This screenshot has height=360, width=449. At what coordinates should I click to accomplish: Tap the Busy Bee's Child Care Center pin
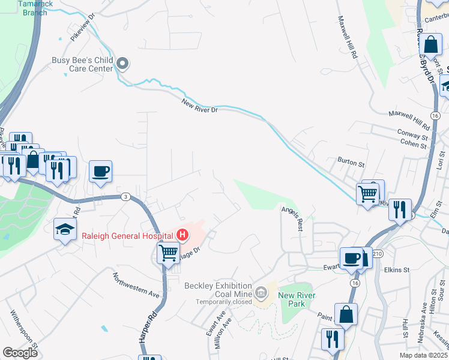[x=123, y=63]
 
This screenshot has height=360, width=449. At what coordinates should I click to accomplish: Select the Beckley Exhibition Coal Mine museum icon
[x=261, y=293]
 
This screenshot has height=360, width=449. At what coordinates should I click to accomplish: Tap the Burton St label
[x=351, y=163]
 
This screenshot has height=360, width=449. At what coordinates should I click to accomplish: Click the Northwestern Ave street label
[x=136, y=285]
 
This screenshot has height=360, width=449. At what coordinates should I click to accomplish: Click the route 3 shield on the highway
[x=125, y=197]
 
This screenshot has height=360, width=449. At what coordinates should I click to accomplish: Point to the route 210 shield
[x=377, y=254]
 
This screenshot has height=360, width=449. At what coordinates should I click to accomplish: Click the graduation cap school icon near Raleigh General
[x=65, y=229]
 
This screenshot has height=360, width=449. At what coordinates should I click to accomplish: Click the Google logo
[x=20, y=353]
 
